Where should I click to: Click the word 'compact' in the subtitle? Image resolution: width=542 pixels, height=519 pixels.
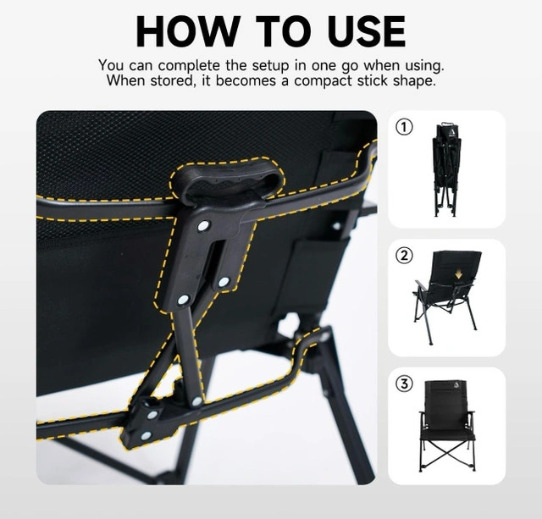[323, 81]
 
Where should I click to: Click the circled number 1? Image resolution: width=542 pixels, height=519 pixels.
[404, 127]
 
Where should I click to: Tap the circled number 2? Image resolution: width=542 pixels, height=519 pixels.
[404, 256]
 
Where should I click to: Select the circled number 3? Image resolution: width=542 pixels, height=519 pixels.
[404, 384]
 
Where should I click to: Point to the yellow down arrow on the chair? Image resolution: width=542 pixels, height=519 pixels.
[458, 274]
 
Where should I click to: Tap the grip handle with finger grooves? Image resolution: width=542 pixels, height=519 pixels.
[228, 180]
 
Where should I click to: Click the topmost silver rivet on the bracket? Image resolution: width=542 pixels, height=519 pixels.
[203, 226]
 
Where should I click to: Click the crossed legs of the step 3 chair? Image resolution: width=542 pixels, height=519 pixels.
[447, 453]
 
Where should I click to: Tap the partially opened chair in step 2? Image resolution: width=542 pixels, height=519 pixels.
[446, 297]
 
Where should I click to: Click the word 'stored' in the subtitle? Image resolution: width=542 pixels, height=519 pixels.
[171, 81]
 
